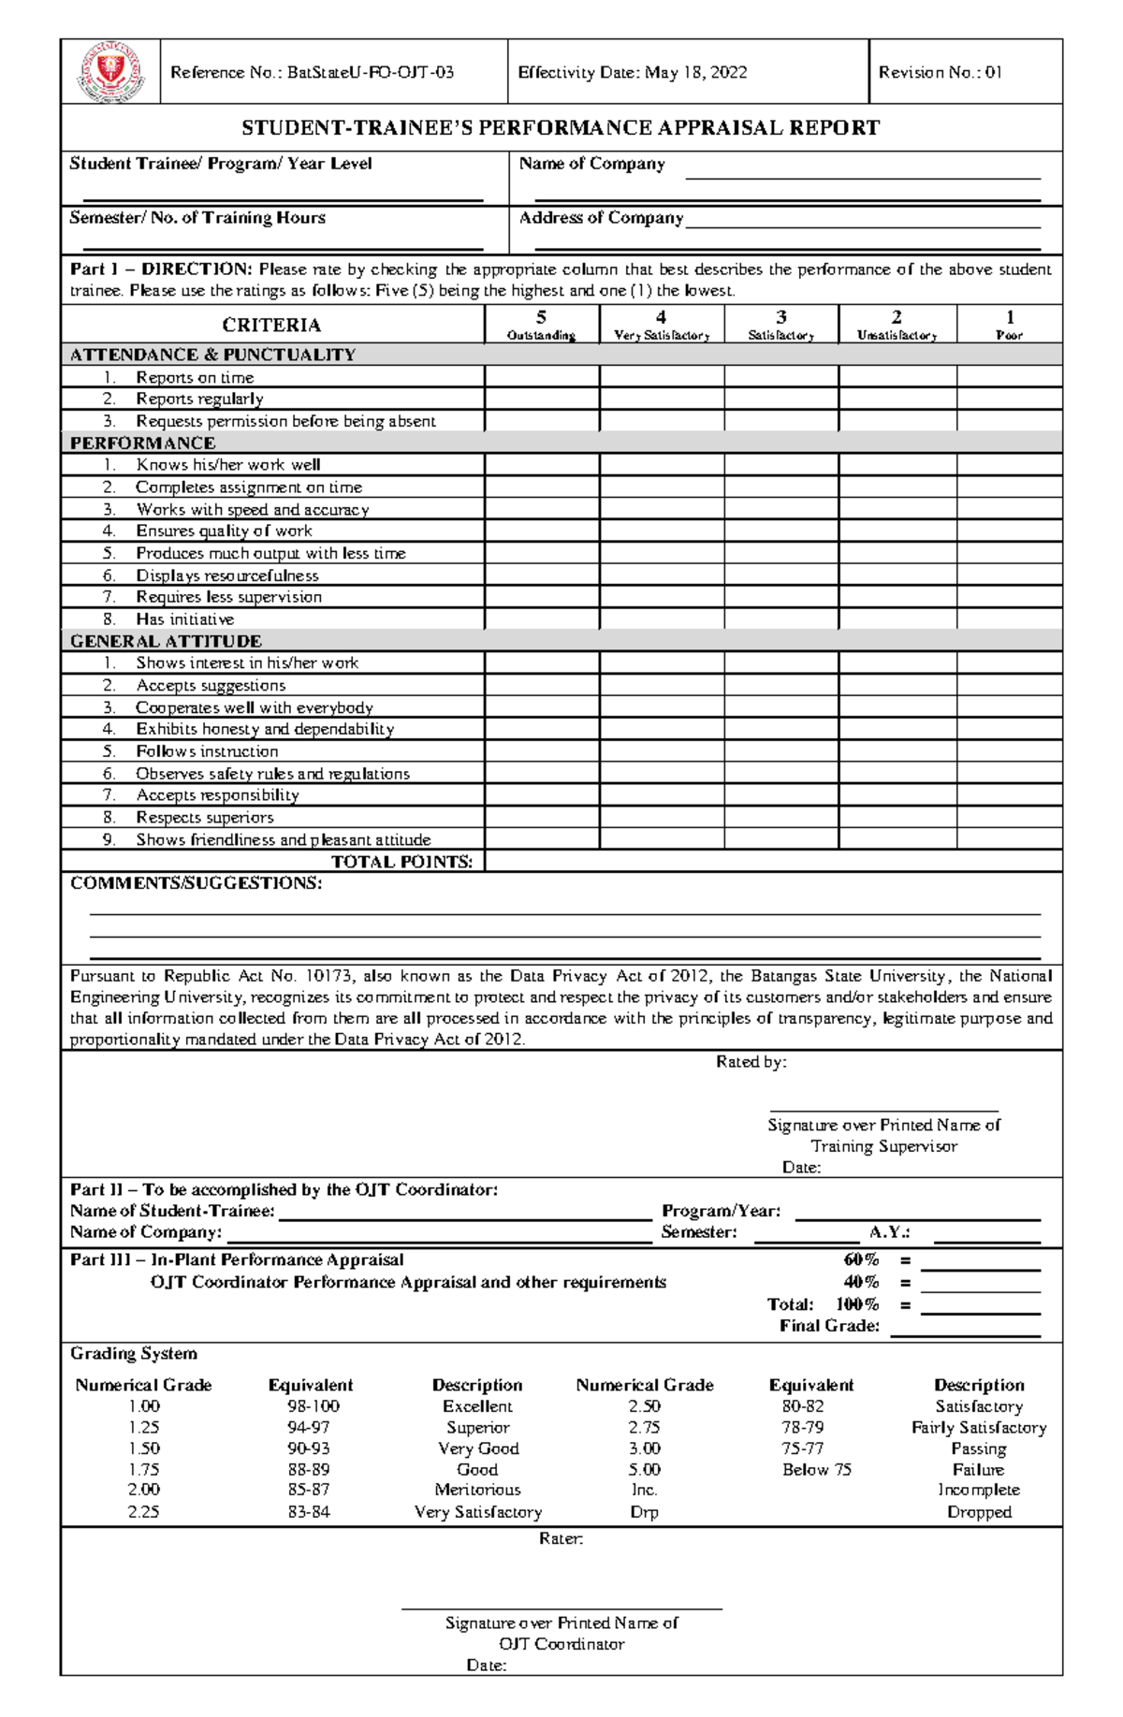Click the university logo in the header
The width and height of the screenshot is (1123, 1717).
pos(110,72)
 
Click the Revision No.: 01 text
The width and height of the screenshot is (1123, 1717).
pos(940,72)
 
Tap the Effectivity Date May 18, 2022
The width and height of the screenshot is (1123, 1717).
pos(633,72)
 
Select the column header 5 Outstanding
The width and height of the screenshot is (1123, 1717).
pos(541,325)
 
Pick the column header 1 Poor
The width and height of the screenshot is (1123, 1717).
pos(1009,325)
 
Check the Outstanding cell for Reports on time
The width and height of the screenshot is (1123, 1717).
pos(541,377)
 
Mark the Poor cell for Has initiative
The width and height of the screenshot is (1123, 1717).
pos(1009,618)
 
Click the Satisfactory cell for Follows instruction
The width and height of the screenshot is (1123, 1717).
pos(780,751)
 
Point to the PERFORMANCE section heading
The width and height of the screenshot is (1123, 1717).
pos(142,443)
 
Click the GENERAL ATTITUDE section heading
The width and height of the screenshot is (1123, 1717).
pos(166,641)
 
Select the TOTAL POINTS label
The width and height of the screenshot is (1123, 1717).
pos(402,862)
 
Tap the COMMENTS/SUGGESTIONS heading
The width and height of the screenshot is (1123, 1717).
pos(196,883)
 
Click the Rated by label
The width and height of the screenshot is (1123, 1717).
pos(751,1062)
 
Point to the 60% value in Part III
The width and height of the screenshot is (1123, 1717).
pos(861,1260)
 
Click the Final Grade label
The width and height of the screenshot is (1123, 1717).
pos(829,1326)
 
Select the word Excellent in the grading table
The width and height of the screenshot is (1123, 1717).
pos(477,1406)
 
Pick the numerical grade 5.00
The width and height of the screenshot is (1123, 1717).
pos(644,1470)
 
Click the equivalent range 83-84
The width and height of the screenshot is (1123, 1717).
pos(309,1512)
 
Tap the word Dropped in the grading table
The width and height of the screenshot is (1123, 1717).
pos(979,1512)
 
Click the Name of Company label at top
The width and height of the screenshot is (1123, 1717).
pos(591,164)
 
